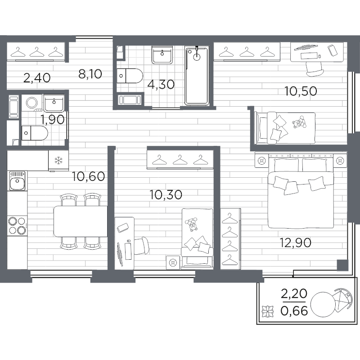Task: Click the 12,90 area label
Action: [x=296, y=243]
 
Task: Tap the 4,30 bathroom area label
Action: [x=161, y=85]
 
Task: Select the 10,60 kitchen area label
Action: [x=88, y=176]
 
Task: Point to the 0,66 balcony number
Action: [x=294, y=311]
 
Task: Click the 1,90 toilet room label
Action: [x=52, y=119]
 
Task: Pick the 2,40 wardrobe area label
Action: [x=37, y=77]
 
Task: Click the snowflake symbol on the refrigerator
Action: [x=58, y=160]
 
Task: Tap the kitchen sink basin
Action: [x=17, y=181]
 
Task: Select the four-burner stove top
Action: [x=17, y=226]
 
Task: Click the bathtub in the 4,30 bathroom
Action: [x=197, y=76]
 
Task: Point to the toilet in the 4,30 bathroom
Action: [x=130, y=76]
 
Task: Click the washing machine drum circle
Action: [x=31, y=103]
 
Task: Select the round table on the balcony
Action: [x=323, y=305]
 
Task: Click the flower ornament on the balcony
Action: [x=268, y=311]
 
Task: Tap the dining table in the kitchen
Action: [x=81, y=221]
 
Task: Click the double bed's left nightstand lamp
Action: [x=261, y=161]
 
